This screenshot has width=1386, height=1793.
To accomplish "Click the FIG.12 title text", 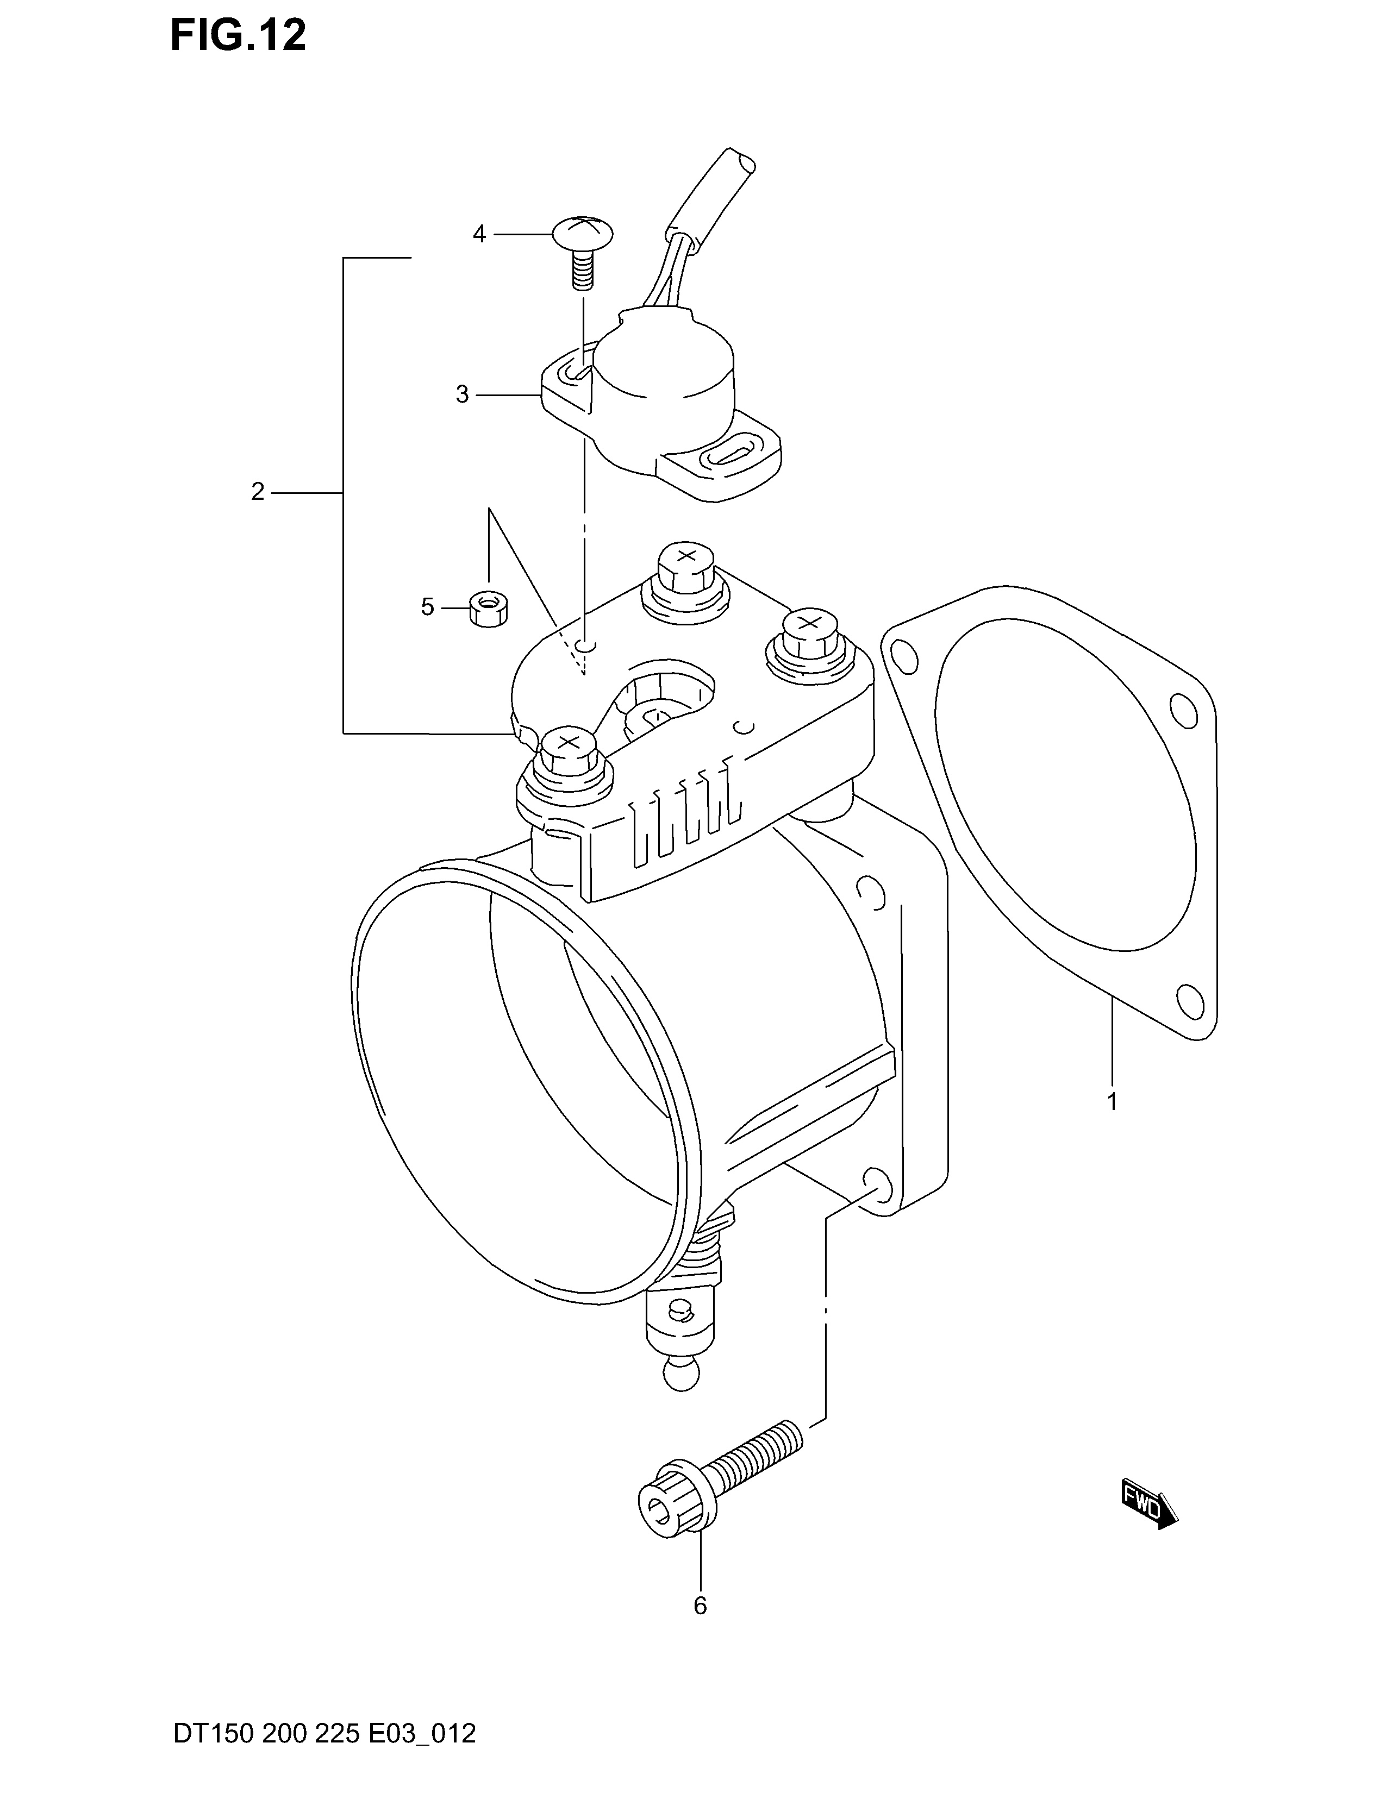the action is click(x=238, y=36).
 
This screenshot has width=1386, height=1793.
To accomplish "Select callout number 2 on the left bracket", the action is click(x=258, y=492).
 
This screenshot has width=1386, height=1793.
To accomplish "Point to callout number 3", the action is click(x=463, y=395).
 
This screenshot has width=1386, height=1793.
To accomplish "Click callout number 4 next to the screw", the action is click(x=479, y=235).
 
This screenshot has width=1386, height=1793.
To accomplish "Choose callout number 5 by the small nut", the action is click(x=427, y=607).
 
